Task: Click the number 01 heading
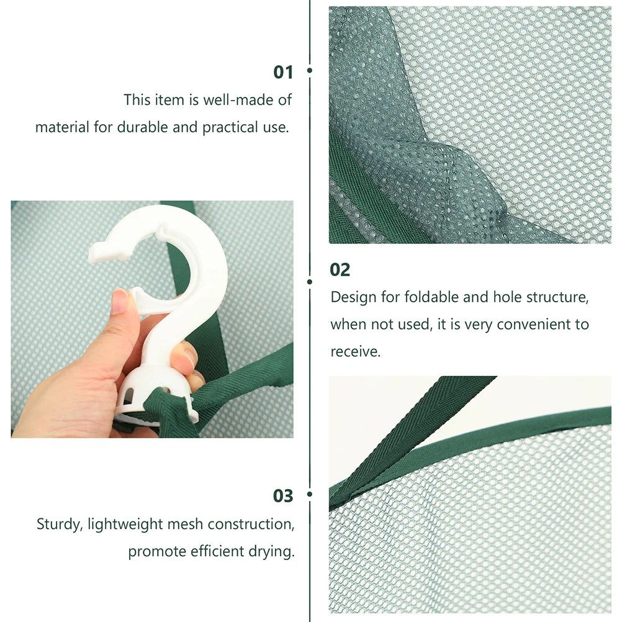[x=283, y=72]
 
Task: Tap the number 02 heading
[x=340, y=270]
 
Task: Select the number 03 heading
[x=283, y=496]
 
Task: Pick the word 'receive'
[x=356, y=351]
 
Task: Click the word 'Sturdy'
[x=60, y=525]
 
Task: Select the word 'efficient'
[x=217, y=551]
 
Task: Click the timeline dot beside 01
[x=310, y=70]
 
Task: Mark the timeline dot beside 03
[x=310, y=494]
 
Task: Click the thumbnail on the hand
[x=119, y=302]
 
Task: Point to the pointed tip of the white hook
[x=92, y=254]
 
